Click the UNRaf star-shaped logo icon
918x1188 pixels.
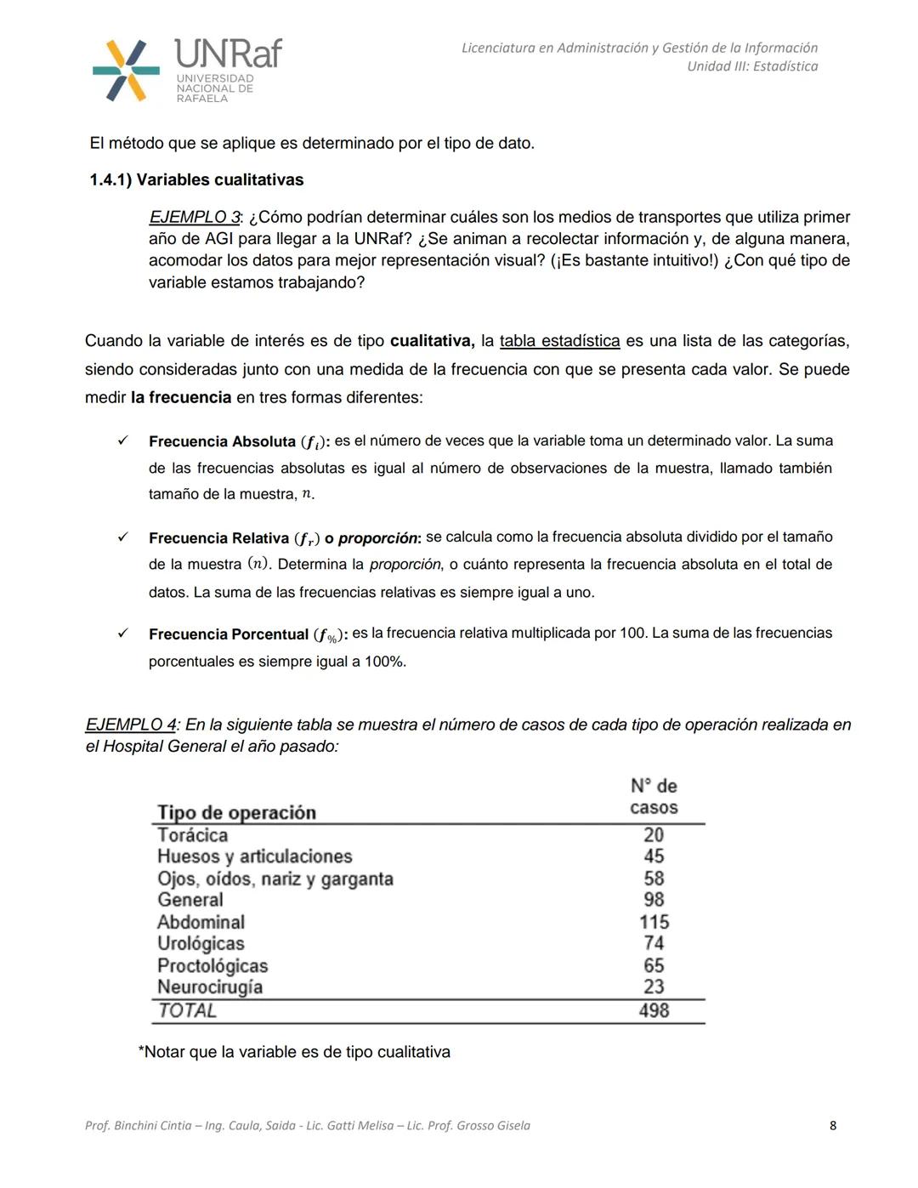126,71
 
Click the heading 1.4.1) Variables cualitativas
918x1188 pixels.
196,180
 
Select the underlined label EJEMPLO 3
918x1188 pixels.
194,218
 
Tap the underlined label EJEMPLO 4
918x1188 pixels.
130,725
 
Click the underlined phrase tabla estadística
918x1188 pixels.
559,341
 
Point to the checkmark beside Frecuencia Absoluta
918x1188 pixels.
122,441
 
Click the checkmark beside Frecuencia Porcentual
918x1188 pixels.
122,634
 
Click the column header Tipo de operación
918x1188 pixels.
236,812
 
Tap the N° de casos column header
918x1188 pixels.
654,797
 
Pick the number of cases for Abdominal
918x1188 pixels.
654,922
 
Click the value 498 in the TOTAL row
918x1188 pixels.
654,1010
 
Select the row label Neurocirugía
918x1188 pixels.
210,987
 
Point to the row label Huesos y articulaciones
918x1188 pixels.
254,856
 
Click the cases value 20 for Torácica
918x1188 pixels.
654,835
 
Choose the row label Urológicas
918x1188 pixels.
201,943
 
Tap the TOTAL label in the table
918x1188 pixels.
187,1010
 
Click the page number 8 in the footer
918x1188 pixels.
832,1125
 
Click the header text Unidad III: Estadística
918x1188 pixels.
752,66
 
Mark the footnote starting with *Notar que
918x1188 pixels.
294,1052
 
